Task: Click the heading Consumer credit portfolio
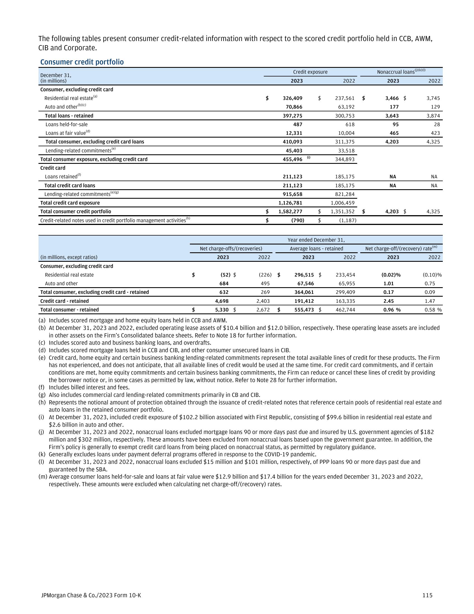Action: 82,62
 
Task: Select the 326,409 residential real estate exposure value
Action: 292,98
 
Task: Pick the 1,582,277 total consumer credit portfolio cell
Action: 290,212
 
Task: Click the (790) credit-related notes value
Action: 298,220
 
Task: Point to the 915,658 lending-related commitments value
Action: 292,194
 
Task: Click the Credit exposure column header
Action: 310,72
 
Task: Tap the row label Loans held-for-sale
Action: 67,124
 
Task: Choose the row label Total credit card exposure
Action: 70,203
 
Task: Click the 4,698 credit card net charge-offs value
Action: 222,301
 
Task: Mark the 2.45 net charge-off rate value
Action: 388,301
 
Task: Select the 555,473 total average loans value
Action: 304,310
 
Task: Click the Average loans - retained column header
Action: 316,248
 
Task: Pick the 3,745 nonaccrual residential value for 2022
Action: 433,98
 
